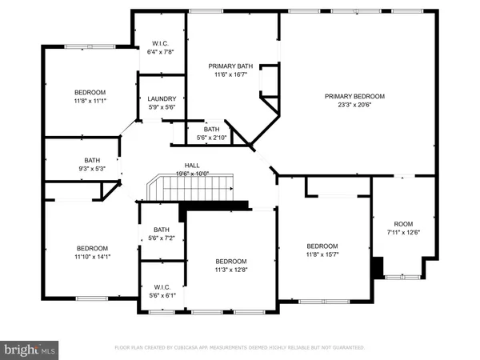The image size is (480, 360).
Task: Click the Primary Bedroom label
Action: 354,96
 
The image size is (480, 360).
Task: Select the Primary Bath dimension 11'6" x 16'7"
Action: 231,75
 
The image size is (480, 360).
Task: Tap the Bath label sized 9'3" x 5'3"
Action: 93,160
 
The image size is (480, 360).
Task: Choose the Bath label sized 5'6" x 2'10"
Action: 211,129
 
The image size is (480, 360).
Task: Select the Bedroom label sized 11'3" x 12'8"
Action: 230,262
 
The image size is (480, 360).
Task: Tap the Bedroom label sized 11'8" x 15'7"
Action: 322,246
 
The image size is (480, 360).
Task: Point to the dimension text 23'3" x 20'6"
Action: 354,105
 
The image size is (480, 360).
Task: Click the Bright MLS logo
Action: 30,349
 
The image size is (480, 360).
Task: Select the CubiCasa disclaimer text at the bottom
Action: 239,348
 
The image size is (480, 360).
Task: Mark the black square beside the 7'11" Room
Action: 378,266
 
